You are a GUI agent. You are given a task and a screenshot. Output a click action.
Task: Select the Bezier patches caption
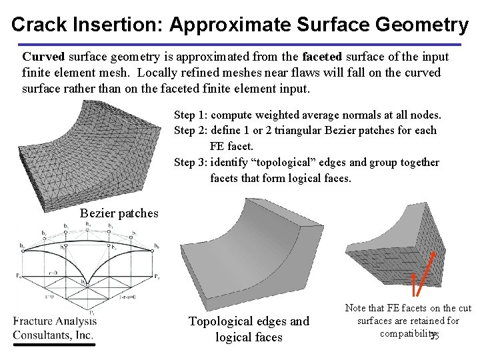[119, 213]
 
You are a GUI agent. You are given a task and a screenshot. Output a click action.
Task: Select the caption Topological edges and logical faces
[249, 329]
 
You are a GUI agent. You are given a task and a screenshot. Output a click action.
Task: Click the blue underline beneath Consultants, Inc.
[53, 345]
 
